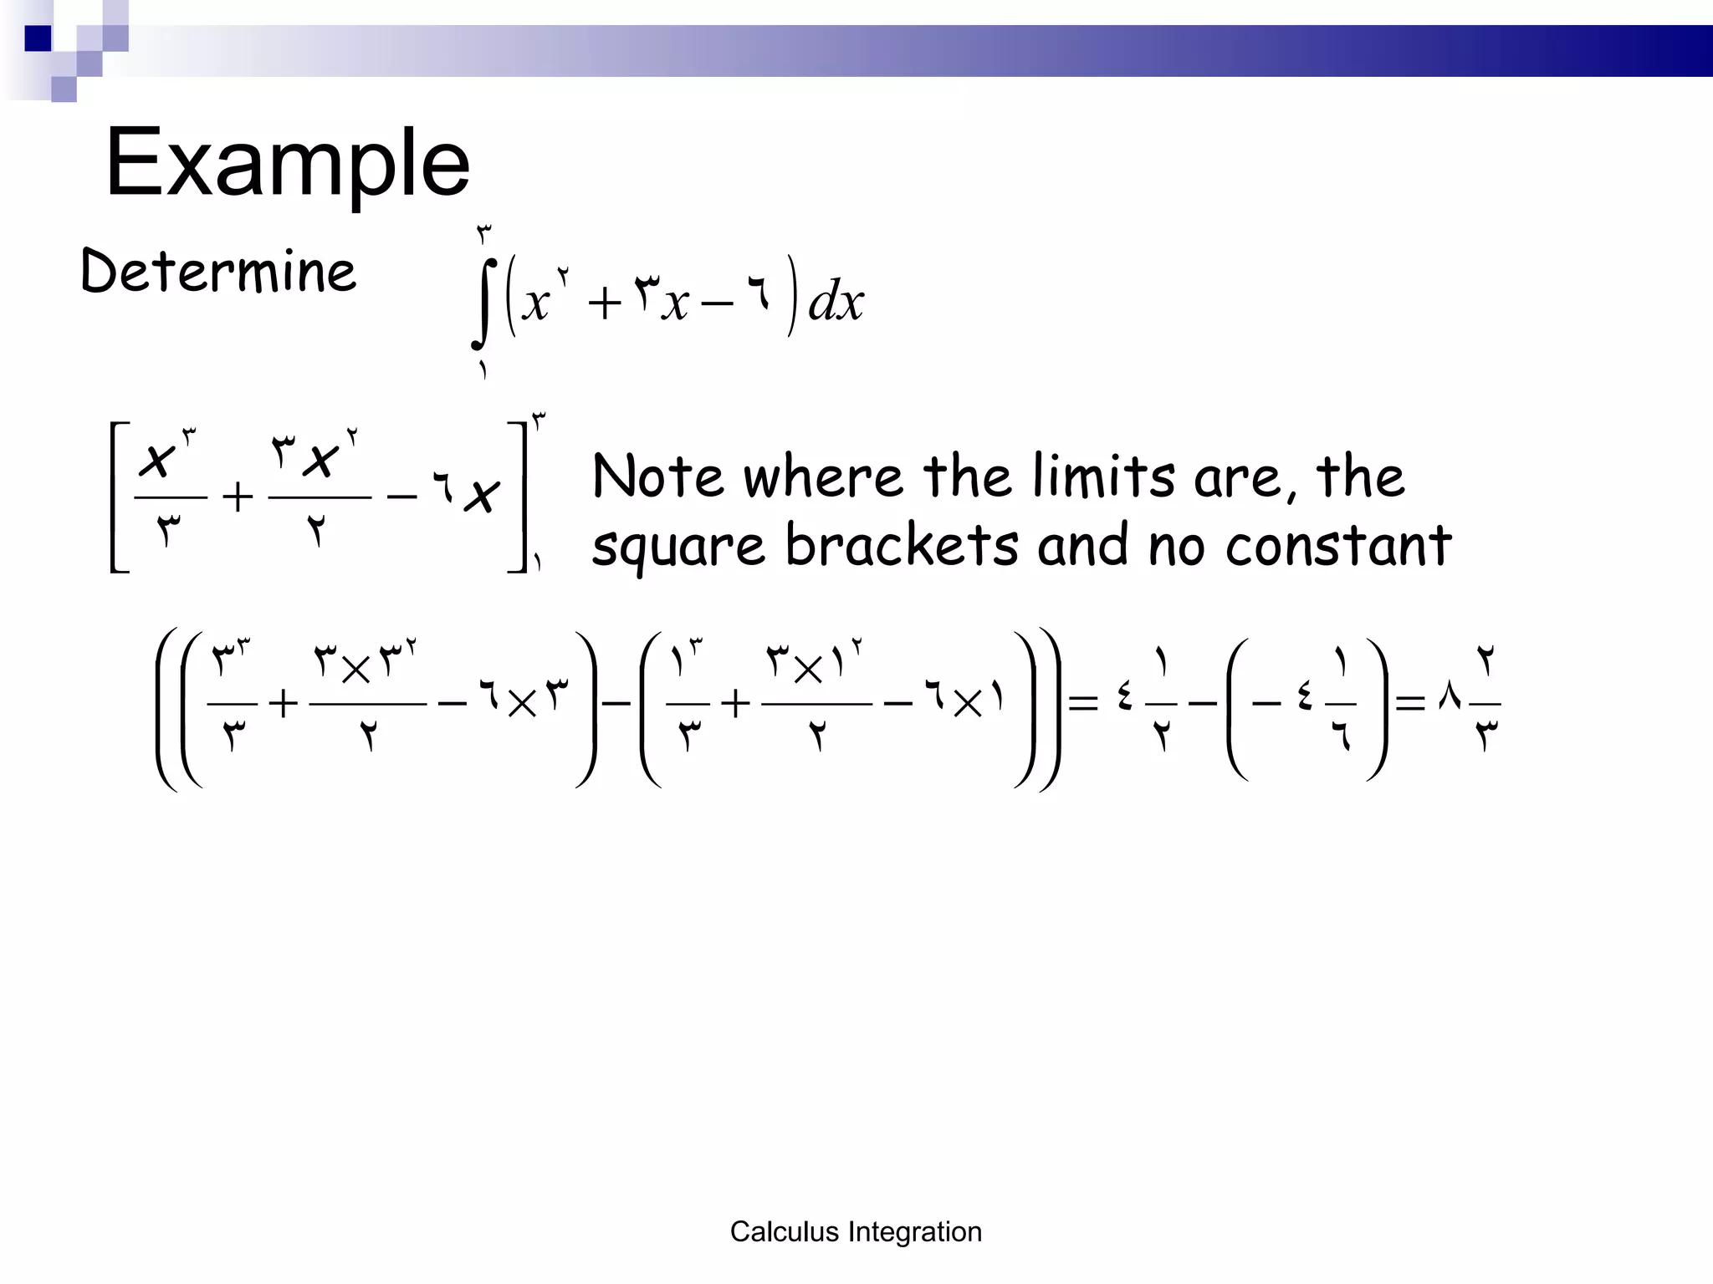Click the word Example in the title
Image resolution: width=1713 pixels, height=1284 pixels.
click(x=287, y=164)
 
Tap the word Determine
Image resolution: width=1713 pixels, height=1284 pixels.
click(x=218, y=272)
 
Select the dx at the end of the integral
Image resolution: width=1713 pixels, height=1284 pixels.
click(x=835, y=301)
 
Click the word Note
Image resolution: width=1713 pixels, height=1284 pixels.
click(x=657, y=476)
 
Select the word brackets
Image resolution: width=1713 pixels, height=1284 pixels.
click(x=902, y=545)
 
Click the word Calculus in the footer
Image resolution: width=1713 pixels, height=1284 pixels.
click(x=784, y=1231)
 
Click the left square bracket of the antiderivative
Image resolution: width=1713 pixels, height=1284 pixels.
click(x=118, y=497)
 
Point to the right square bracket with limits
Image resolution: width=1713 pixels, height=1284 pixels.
click(x=519, y=497)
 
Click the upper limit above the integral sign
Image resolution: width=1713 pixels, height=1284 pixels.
click(x=484, y=233)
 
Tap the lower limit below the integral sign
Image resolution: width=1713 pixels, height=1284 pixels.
click(x=483, y=369)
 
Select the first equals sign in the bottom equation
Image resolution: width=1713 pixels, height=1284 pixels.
click(x=1083, y=703)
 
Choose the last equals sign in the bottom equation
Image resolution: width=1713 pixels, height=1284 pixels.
click(x=1409, y=703)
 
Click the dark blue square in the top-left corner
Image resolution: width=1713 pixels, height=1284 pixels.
click(x=38, y=38)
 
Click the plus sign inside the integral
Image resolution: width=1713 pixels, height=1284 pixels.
click(x=604, y=303)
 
